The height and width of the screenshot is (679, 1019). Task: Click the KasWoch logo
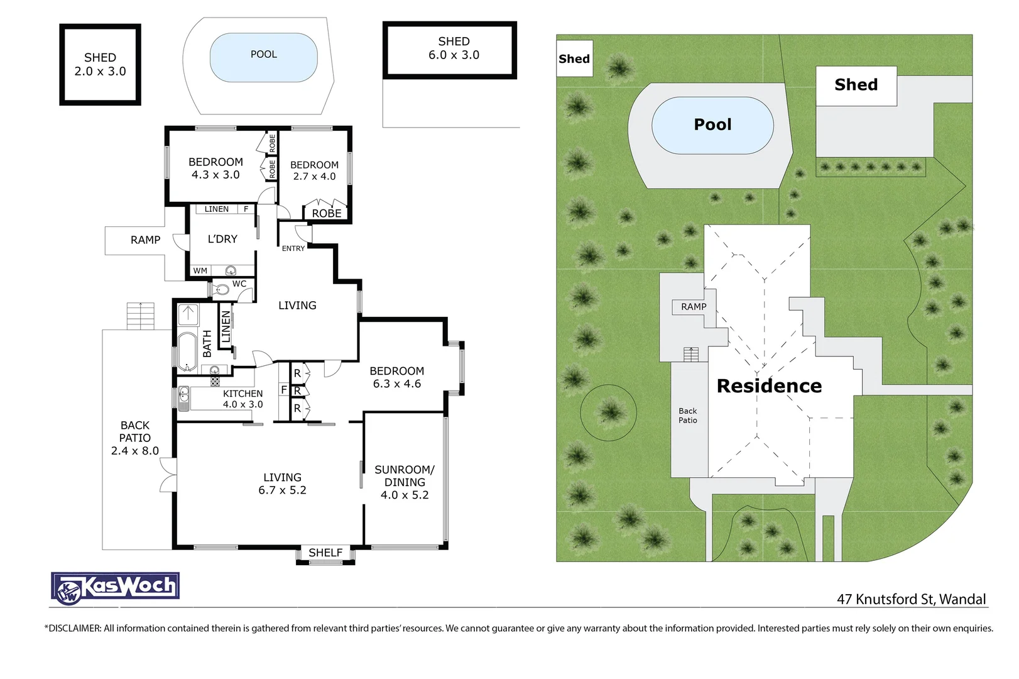click(x=115, y=588)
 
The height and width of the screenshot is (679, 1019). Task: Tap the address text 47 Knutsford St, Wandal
click(x=911, y=599)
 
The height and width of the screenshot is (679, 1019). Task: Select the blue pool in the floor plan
click(x=263, y=57)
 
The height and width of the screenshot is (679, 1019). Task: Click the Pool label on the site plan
click(x=712, y=124)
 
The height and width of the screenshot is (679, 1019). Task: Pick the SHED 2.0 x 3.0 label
click(x=100, y=64)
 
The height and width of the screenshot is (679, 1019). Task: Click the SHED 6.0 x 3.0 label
click(x=454, y=48)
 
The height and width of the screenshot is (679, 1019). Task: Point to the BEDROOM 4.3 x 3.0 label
click(x=215, y=168)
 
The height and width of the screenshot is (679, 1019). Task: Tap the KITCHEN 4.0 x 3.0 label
click(x=242, y=399)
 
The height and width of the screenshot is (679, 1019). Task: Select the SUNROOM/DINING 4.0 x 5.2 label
click(x=405, y=482)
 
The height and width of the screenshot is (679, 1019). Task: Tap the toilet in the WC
click(x=221, y=290)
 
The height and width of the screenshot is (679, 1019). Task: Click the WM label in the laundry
click(x=200, y=271)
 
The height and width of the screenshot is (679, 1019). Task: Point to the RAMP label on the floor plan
click(x=145, y=240)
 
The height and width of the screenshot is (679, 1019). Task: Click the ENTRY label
click(x=293, y=249)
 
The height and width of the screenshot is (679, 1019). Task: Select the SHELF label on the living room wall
click(x=325, y=553)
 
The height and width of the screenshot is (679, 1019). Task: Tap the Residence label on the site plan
click(x=769, y=385)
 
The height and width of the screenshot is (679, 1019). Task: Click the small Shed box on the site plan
click(x=574, y=58)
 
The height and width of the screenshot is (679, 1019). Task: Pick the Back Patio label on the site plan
click(x=687, y=416)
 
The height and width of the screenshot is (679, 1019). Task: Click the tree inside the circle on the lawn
click(x=609, y=412)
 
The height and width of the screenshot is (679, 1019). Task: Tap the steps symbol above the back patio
click(x=140, y=316)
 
